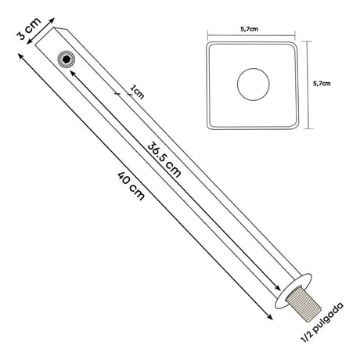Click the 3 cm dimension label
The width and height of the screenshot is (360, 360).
29,29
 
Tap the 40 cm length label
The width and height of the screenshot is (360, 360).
131,185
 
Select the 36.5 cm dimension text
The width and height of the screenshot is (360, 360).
164,160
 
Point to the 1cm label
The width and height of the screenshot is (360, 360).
137,92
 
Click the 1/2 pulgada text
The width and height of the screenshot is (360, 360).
322,322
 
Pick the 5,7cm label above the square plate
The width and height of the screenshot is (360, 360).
249,29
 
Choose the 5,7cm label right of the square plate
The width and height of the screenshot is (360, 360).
322,84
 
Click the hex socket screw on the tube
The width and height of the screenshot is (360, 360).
67,59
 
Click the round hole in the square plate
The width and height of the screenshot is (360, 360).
254,85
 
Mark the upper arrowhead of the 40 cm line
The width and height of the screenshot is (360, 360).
20,56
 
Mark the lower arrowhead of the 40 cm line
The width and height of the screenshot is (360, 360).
269,317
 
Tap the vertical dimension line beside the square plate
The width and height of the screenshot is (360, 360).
308,85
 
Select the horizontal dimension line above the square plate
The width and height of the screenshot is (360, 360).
251,34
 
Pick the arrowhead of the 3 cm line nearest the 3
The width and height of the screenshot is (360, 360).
30,41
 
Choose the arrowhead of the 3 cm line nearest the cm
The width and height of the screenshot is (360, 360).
52,20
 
